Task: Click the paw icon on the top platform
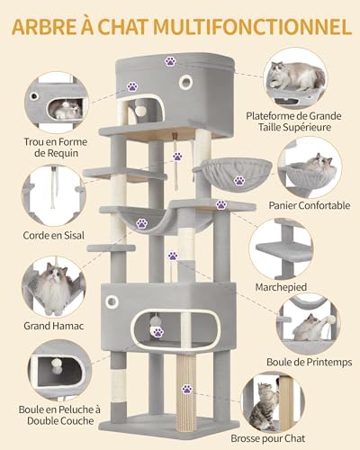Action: (x=170, y=61)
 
